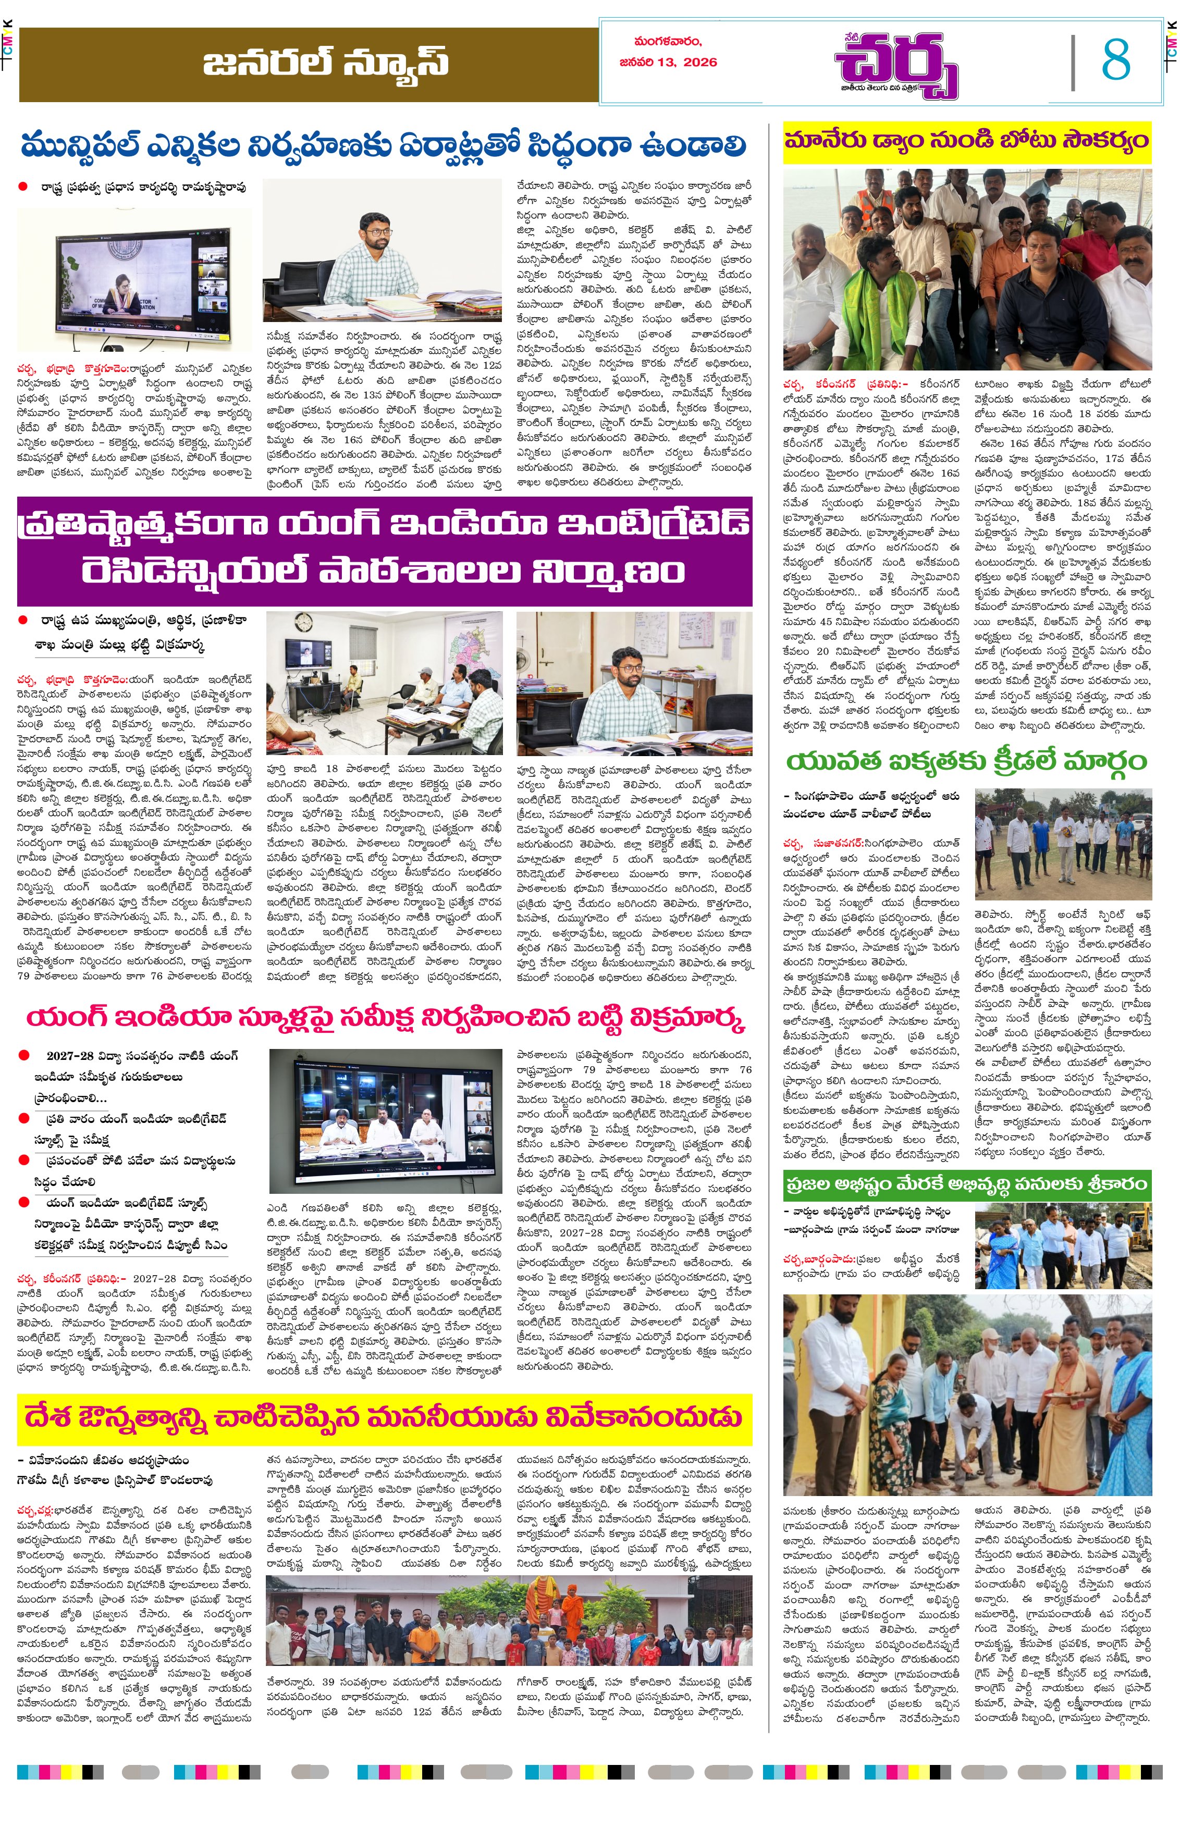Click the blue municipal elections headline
(x=383, y=145)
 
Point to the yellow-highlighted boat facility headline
(x=966, y=142)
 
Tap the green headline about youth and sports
(x=966, y=762)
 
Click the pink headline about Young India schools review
(x=385, y=1019)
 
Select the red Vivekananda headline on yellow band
(x=383, y=1417)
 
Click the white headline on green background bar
(x=966, y=1184)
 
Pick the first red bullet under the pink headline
(x=24, y=1055)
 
